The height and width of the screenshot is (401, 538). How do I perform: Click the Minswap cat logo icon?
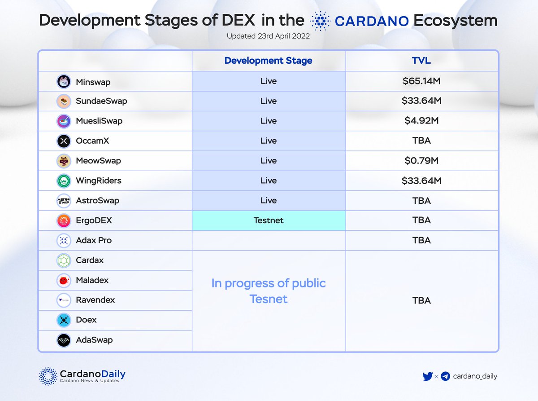click(64, 82)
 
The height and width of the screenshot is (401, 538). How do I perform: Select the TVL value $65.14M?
click(421, 81)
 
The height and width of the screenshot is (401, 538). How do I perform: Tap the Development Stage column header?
click(269, 61)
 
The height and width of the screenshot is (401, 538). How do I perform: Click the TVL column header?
click(421, 61)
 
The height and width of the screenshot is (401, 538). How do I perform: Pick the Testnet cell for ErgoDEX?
click(269, 220)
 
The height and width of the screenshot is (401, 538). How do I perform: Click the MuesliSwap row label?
click(99, 121)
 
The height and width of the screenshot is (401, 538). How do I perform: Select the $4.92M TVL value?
click(421, 121)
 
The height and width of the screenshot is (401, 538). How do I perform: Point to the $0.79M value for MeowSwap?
click(421, 161)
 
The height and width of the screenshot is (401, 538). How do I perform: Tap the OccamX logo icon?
click(64, 141)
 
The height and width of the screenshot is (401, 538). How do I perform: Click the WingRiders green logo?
click(64, 181)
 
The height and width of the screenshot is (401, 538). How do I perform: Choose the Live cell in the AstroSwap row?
click(269, 201)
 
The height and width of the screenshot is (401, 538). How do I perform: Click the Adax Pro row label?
click(94, 240)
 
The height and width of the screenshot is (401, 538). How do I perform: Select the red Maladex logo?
click(64, 281)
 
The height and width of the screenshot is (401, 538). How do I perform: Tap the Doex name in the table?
click(87, 320)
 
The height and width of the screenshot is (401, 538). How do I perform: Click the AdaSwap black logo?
click(64, 340)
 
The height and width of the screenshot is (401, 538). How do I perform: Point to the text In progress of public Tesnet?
click(269, 291)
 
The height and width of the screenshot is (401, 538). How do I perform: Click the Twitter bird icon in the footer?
click(428, 376)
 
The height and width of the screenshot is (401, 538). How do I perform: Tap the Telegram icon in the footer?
click(445, 376)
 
